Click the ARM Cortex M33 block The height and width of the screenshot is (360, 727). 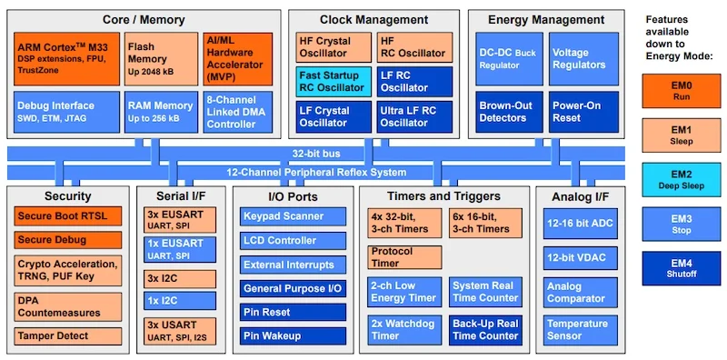click(x=65, y=58)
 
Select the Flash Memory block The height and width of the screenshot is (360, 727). click(x=161, y=58)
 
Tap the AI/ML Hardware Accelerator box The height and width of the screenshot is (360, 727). click(x=238, y=58)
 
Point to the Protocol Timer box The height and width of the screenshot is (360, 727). click(x=406, y=257)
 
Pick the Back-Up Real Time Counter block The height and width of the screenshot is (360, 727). click(x=486, y=330)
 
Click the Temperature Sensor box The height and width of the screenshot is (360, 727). click(x=578, y=330)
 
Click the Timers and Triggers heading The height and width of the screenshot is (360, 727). click(x=443, y=196)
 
